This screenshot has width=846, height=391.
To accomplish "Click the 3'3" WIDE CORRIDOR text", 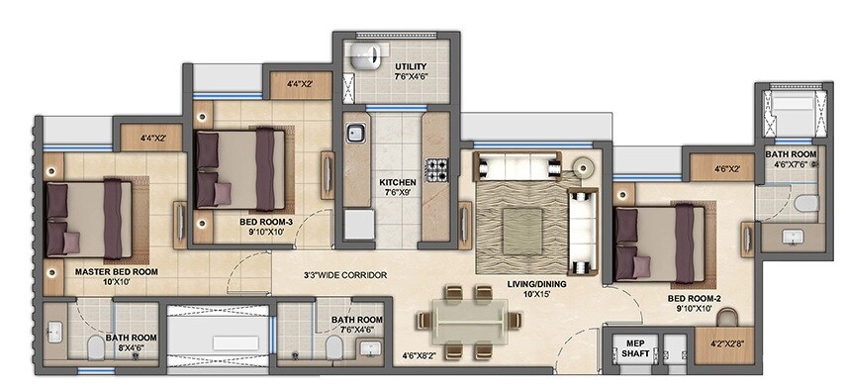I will click(344, 274).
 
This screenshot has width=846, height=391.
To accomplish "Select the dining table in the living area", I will click(468, 322).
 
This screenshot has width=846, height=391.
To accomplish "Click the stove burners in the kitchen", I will click(436, 170).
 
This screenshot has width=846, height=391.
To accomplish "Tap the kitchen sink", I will click(355, 132).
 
